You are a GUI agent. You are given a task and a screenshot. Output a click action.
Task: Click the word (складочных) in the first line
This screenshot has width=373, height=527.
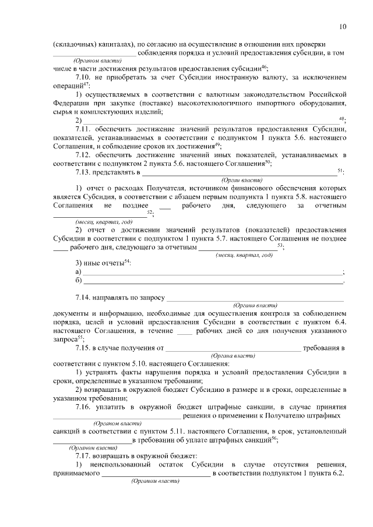[73, 44]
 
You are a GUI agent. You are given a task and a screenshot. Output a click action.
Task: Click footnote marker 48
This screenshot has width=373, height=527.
[342, 118]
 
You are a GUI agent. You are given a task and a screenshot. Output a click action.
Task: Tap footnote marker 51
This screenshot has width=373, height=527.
[340, 170]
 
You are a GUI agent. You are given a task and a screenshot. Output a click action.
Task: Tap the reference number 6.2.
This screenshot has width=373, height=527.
[336, 473]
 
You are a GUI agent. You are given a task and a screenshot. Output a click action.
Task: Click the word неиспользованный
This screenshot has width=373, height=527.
[119, 464]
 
